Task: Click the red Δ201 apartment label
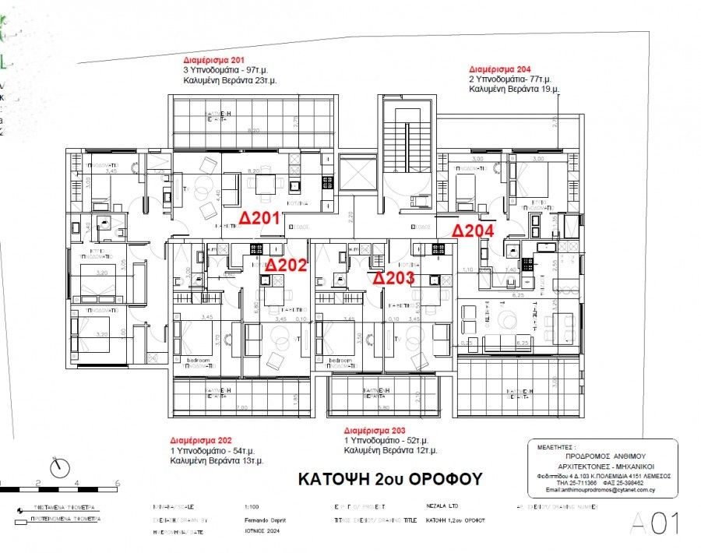click(259, 217)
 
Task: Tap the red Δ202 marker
click(287, 265)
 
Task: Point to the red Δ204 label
click(473, 231)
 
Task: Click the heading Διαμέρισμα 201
click(213, 59)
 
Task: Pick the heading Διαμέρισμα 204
click(498, 69)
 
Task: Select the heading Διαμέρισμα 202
click(200, 440)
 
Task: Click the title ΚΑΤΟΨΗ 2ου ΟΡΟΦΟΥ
click(390, 478)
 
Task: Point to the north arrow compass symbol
click(58, 468)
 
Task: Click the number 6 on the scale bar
click(117, 483)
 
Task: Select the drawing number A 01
click(656, 523)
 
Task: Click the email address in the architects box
click(599, 491)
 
